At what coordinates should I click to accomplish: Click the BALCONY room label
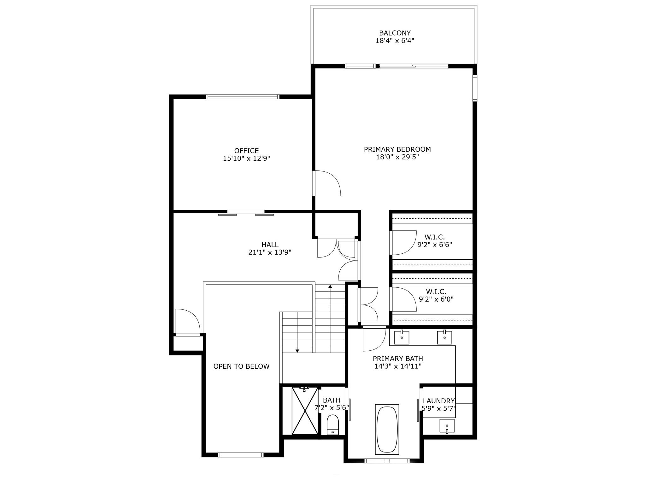(395, 33)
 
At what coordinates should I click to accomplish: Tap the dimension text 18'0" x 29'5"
(397, 157)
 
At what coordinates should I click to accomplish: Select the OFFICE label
(246, 151)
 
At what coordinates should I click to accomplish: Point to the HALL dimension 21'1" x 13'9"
(270, 252)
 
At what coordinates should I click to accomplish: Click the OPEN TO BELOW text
(241, 366)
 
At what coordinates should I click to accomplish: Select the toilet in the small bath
(332, 424)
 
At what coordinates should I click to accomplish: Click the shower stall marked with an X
(305, 411)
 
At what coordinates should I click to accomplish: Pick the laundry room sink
(447, 426)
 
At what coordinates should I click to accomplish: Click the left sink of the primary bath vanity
(402, 337)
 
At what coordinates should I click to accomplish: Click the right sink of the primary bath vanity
(444, 337)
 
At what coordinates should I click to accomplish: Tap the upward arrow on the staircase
(330, 286)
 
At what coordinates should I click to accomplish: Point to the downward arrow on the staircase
(297, 350)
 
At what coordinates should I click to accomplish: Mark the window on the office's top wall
(242, 97)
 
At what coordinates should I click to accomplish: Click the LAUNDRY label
(438, 401)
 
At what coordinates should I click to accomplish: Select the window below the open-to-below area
(240, 455)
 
